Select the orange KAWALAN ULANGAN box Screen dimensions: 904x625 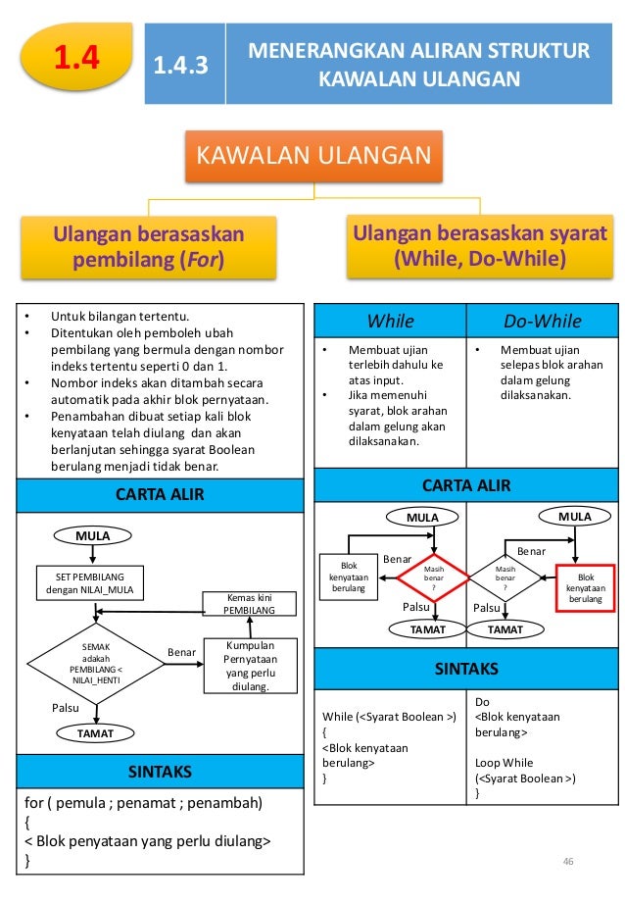point(314,157)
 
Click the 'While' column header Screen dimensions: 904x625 point(390,322)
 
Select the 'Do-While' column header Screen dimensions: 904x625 point(542,322)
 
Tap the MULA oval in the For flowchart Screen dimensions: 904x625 point(94,535)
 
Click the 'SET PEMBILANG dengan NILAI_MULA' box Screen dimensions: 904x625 point(89,581)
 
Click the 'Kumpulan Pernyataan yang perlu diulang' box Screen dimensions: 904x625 point(249,666)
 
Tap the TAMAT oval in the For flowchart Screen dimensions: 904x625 point(95,732)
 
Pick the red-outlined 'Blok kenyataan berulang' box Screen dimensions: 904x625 point(586,585)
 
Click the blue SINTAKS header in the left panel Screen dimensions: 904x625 point(160,772)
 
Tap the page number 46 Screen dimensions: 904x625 point(566,861)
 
